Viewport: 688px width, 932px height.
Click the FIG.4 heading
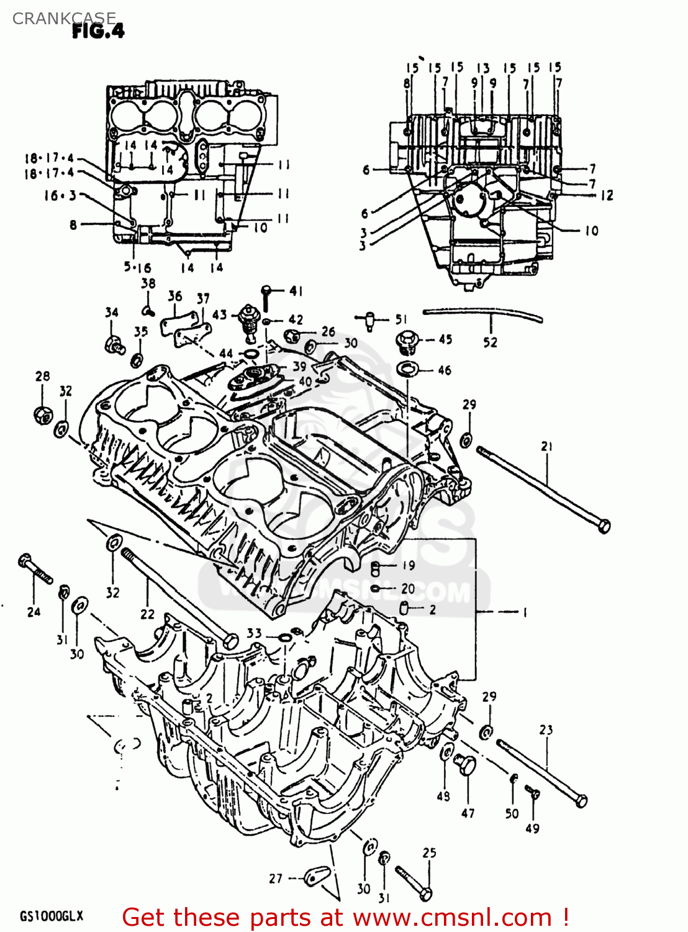coord(98,30)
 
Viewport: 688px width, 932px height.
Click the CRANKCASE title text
coord(64,18)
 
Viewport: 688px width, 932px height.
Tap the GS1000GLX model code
coord(51,916)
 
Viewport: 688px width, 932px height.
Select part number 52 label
coord(490,342)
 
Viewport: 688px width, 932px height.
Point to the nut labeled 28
coord(42,414)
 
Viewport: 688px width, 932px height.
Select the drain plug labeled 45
coord(407,341)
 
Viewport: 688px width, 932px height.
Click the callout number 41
coord(296,291)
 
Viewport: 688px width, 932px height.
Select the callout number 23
coord(546,729)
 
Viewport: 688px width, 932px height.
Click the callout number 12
coord(606,195)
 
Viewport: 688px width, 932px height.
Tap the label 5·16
coord(137,268)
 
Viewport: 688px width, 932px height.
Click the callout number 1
coord(525,612)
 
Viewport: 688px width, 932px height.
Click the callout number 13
coord(483,68)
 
